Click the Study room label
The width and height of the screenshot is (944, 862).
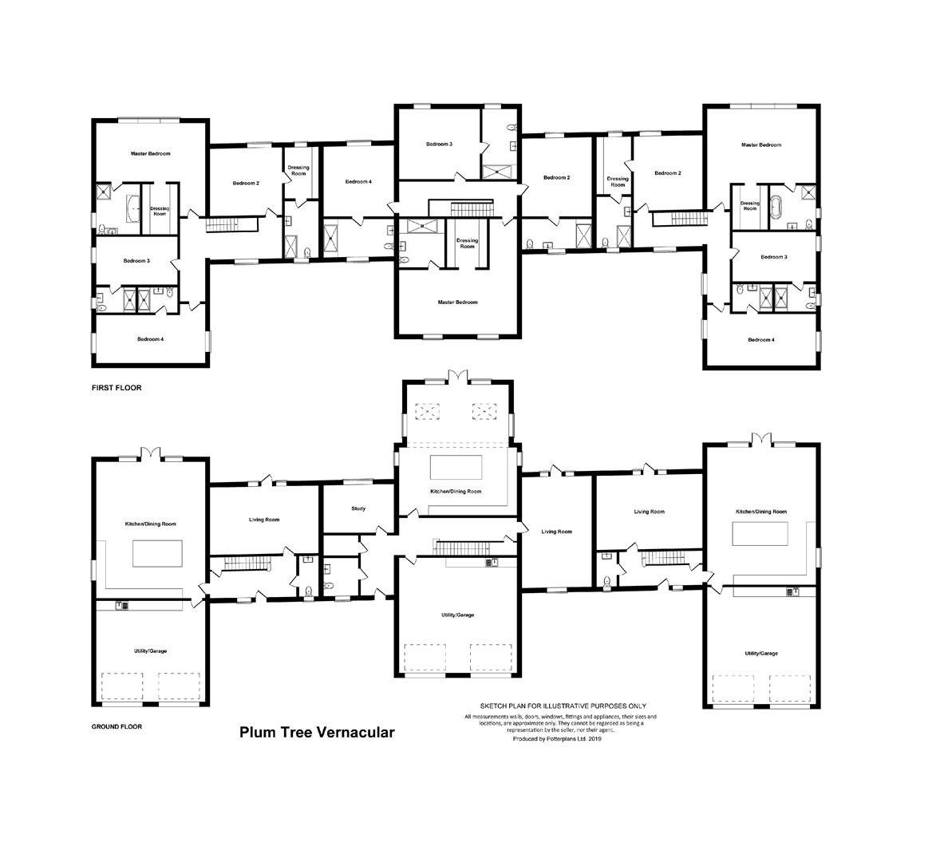point(358,508)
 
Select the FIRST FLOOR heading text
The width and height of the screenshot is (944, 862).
point(116,388)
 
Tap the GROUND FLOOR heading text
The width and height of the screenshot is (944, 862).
point(117,727)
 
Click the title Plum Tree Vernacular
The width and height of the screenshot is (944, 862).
point(317,732)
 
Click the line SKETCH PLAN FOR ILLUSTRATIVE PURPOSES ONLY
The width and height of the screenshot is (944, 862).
point(563,706)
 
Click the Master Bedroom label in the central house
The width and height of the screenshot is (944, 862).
point(457,302)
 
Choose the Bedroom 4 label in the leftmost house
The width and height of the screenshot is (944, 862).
point(150,339)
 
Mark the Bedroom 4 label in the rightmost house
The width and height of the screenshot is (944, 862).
point(760,340)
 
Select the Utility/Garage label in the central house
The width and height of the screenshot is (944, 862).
point(457,615)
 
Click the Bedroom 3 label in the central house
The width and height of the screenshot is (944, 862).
point(439,144)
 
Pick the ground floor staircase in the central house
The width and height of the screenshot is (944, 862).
point(460,548)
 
